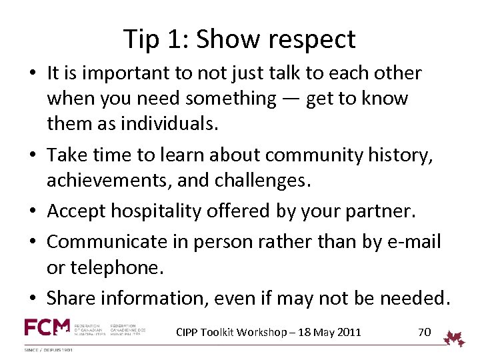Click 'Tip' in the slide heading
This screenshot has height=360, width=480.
[x=141, y=40]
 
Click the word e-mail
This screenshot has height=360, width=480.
[x=413, y=241]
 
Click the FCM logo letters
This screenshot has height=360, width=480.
[x=47, y=328]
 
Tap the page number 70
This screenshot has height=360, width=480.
[x=424, y=331]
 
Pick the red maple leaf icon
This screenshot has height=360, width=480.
[x=455, y=338]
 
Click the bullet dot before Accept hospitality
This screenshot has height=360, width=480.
[x=34, y=212]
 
